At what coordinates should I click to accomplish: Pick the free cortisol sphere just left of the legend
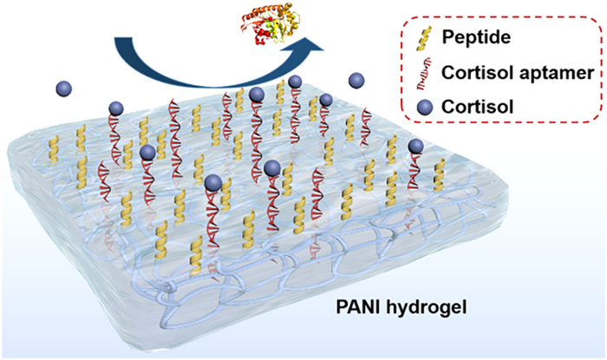(356, 81)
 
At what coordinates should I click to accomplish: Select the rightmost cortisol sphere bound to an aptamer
(416, 146)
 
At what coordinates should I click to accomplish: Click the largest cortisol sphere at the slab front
(212, 181)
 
